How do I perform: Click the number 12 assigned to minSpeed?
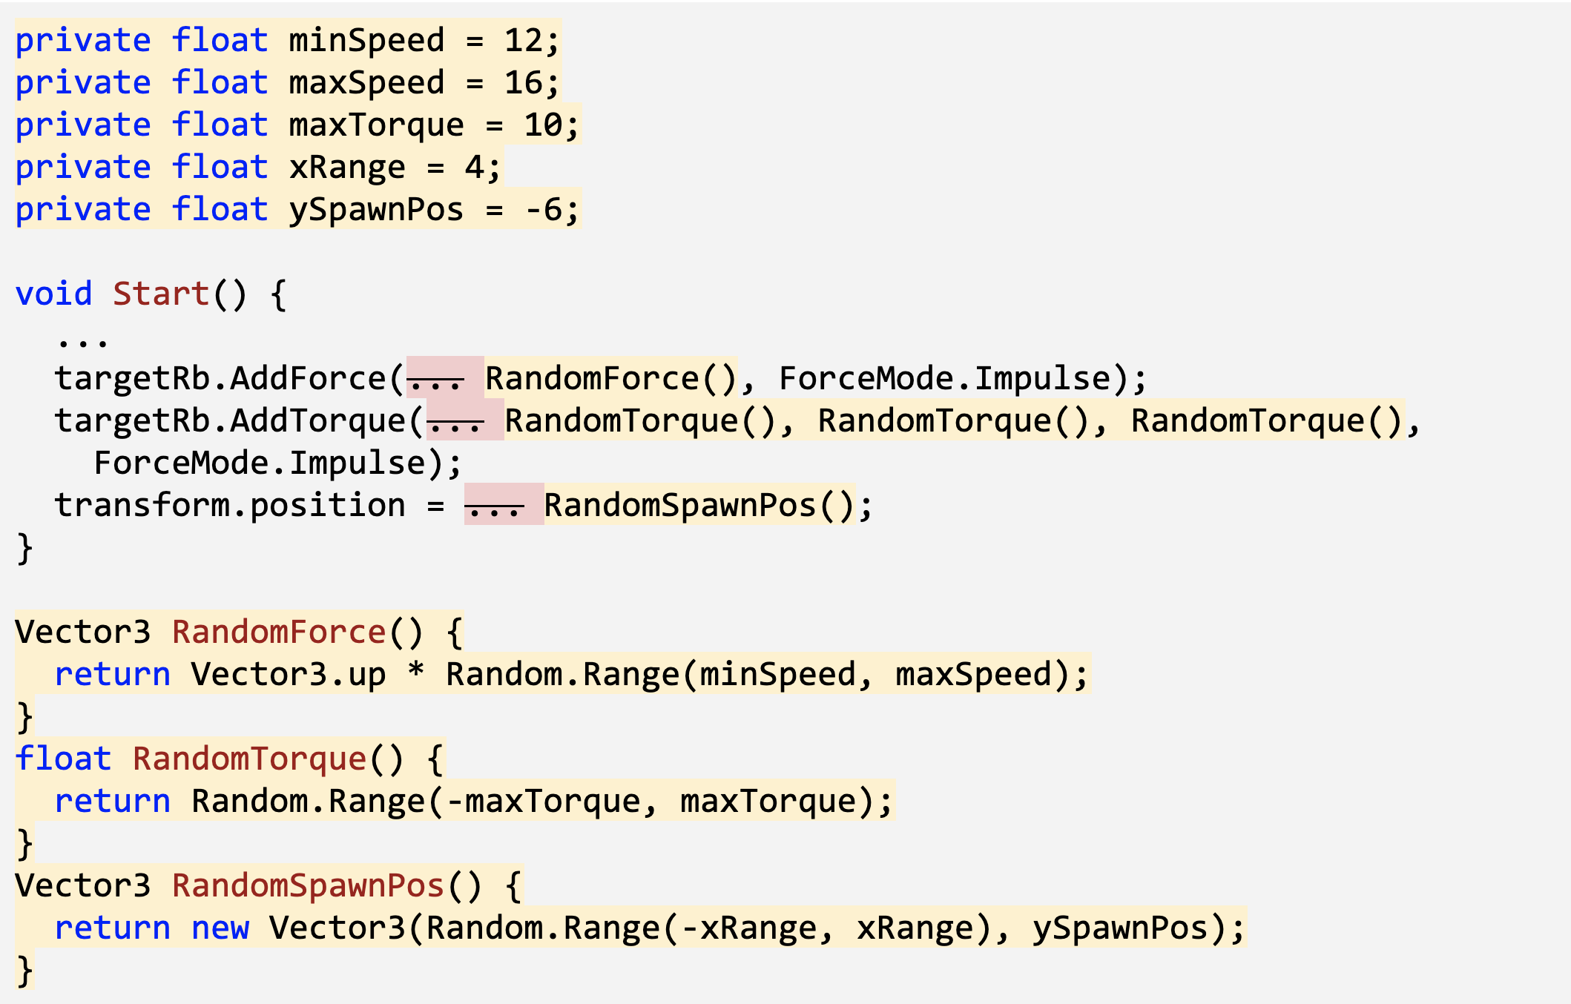524,40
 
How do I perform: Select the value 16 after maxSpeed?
524,82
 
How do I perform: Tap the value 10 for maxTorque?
544,125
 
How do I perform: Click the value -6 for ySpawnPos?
544,210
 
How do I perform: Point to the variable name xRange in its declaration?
347,168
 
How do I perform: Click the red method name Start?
161,294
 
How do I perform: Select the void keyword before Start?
53,294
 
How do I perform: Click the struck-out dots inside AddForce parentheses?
436,380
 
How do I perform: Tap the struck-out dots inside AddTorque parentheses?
456,422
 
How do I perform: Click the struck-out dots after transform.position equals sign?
494,506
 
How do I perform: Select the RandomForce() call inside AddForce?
610,379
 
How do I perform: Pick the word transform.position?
230,506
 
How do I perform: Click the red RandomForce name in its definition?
279,633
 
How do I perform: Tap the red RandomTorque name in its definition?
250,759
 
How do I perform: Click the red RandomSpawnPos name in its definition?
308,886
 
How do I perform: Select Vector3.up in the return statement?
289,675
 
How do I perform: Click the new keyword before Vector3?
220,928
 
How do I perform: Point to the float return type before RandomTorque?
63,759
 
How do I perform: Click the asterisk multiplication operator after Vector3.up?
416,672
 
